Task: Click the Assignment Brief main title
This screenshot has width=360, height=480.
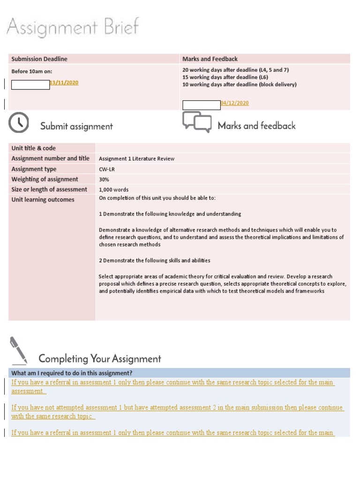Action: [73, 27]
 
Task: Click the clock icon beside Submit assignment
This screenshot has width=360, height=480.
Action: [19, 123]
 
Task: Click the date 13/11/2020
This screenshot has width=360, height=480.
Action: [64, 82]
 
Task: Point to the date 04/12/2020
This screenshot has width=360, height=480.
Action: [235, 103]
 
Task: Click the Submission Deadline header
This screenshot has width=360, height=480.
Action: [39, 59]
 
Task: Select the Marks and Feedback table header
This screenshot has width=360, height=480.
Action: [210, 59]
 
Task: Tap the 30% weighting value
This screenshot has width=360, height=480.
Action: [104, 180]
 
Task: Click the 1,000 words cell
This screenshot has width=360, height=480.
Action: [114, 190]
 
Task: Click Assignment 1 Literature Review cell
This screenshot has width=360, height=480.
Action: [137, 159]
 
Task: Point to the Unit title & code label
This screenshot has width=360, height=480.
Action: [34, 148]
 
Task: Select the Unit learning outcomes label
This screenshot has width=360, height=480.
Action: [43, 200]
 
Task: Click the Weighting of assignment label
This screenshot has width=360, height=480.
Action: [45, 180]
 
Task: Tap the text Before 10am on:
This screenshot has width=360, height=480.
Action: [32, 71]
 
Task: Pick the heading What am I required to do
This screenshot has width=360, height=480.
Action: [72, 373]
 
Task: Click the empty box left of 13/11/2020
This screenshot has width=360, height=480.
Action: [30, 85]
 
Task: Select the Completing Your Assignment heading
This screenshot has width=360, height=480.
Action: [100, 359]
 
